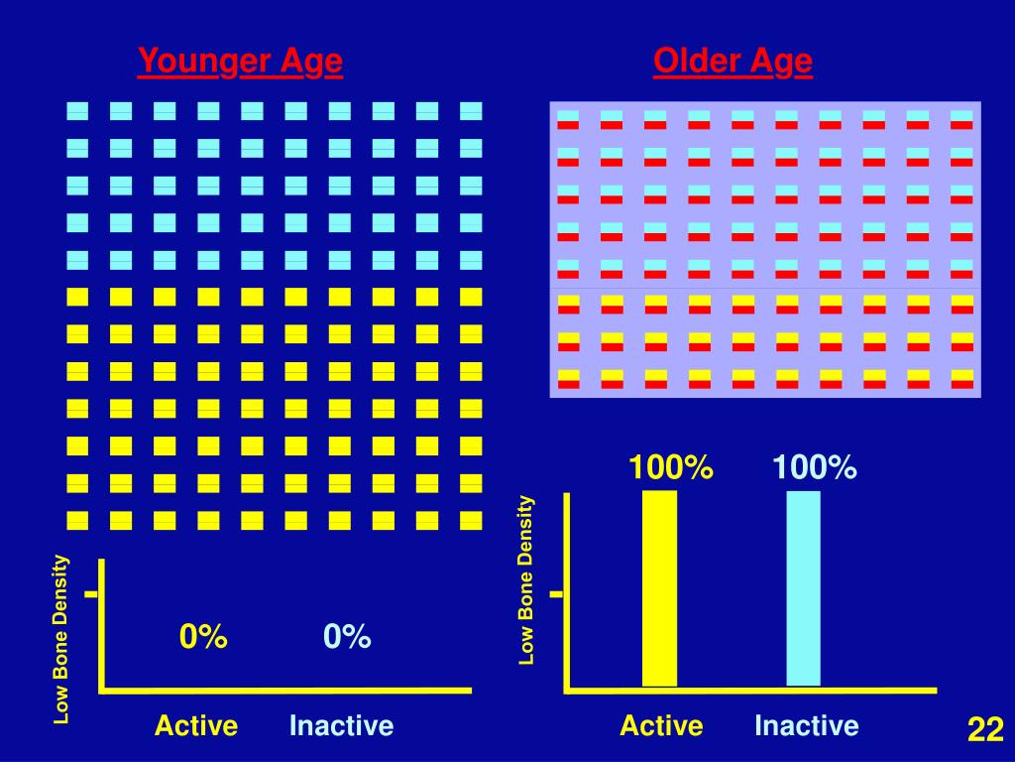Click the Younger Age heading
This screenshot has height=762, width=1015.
point(240,63)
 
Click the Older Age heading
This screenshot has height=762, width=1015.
point(733,63)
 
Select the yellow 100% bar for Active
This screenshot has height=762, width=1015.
point(659,587)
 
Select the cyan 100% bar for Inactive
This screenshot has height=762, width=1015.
point(803,587)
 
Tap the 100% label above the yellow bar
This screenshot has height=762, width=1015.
point(670,467)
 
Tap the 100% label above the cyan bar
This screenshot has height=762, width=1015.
point(815,467)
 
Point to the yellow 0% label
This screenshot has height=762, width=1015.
point(203,637)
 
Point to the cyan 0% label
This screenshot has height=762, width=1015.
point(347,637)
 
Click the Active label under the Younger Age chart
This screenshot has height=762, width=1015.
point(196,726)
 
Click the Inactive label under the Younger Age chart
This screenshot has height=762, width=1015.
point(341,726)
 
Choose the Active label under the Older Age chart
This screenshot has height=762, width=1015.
point(661,726)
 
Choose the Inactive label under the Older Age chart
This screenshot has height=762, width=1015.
point(806,726)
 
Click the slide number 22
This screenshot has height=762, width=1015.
point(985,730)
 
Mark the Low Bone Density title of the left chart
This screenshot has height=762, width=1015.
point(61,639)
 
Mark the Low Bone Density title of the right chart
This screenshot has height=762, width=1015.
point(526,580)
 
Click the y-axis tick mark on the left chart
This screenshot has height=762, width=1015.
point(91,595)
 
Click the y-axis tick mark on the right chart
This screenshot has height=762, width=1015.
point(556,595)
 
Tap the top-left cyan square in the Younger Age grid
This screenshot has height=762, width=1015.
point(77,111)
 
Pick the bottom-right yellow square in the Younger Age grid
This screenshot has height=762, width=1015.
point(471,520)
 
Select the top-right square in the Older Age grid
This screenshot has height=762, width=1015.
point(961,120)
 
